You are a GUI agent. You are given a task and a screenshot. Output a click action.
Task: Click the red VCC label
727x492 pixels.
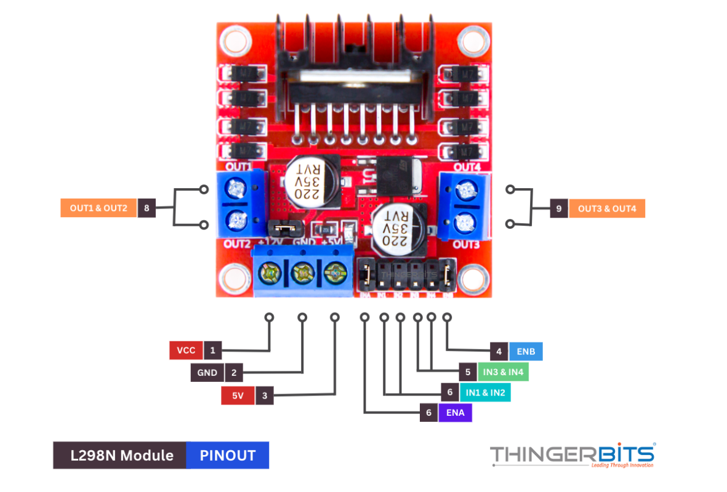[x=186, y=351]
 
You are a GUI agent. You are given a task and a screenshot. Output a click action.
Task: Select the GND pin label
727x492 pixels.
[x=207, y=373]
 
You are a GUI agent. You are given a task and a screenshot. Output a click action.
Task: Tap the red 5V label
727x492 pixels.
[x=238, y=395]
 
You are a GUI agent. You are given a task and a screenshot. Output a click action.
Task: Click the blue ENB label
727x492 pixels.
[x=526, y=352]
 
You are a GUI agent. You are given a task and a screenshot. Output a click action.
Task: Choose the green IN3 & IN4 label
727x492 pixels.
[x=503, y=372]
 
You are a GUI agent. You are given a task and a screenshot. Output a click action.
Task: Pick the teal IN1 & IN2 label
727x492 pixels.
[x=484, y=392]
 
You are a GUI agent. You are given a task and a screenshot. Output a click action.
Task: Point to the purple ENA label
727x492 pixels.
[x=455, y=413]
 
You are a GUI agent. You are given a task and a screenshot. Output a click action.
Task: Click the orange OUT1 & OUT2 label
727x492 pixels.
[x=98, y=208]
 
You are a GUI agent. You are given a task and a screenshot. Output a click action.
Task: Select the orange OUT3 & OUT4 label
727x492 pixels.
[x=607, y=209]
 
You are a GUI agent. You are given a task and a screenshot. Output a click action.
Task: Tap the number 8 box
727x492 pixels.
[x=147, y=208]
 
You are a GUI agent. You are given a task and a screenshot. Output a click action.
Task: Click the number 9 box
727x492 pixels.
[x=559, y=209]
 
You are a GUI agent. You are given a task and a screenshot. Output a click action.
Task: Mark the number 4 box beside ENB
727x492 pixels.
[x=499, y=352]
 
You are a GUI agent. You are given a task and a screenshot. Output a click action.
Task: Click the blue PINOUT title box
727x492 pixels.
[x=228, y=456]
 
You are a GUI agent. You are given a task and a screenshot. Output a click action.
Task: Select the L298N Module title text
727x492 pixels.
[x=121, y=456]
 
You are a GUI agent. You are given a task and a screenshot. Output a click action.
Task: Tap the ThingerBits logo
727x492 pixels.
[x=572, y=456]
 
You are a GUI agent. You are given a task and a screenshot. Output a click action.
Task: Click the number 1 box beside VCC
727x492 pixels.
[x=212, y=351]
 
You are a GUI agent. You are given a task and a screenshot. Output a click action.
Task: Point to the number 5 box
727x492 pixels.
[x=468, y=372]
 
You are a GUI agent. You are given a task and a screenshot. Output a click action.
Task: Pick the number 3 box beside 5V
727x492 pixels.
[x=264, y=395]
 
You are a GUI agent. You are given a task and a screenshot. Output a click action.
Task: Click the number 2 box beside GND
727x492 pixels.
[x=234, y=373]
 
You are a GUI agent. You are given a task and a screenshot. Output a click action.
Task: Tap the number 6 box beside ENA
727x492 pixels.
[x=429, y=413]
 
